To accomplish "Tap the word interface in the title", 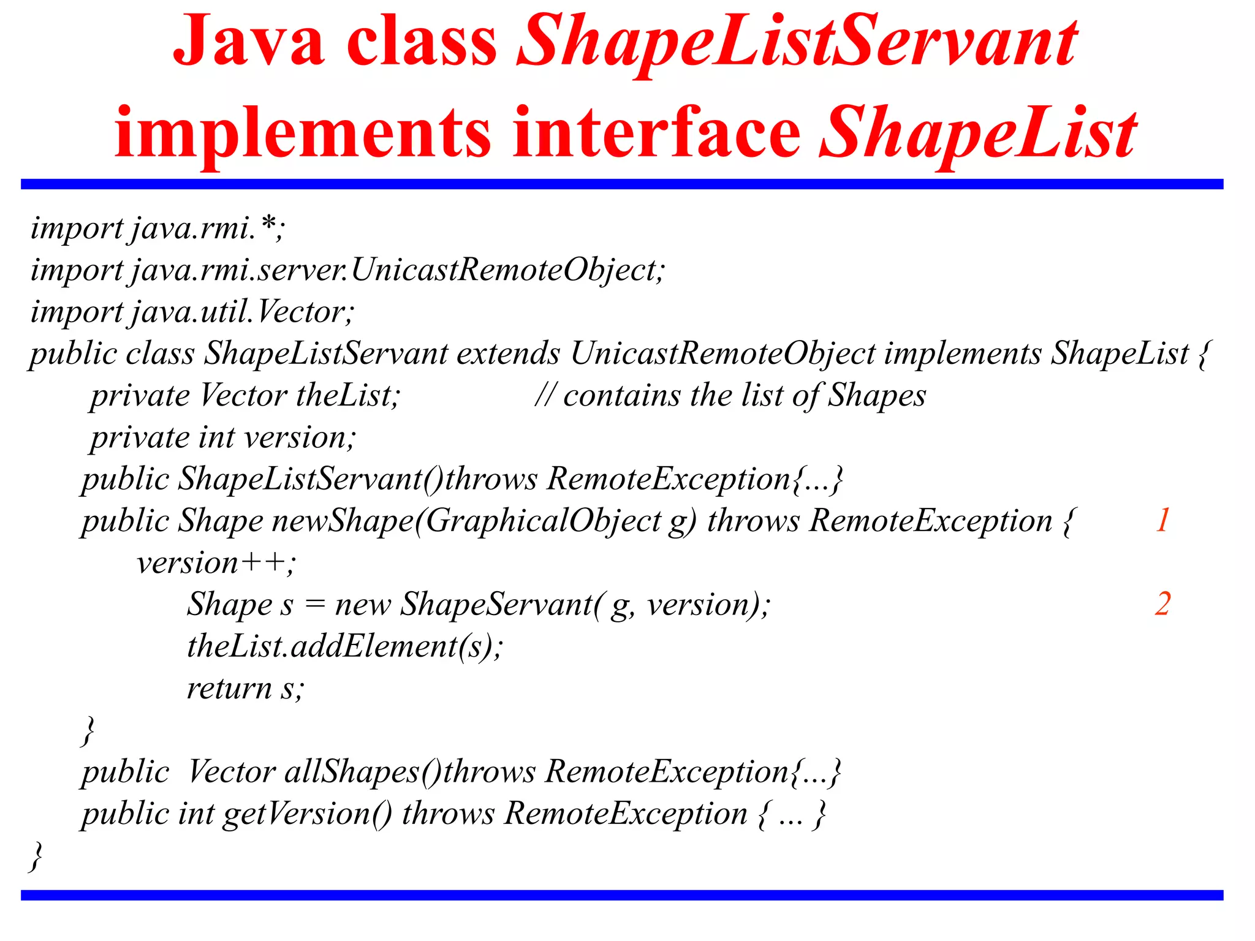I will pos(656,134).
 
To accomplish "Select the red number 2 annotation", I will pos(1162,605).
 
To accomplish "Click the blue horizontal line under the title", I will pos(621,184).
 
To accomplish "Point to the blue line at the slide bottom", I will pos(621,895).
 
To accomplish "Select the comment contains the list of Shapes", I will pos(730,396).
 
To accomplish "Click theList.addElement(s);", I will pos(344,647).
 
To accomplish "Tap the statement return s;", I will pos(245,689).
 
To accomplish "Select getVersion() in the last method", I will pos(307,814).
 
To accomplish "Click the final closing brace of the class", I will pos(36,856).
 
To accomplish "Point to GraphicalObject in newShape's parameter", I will pos(543,521).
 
